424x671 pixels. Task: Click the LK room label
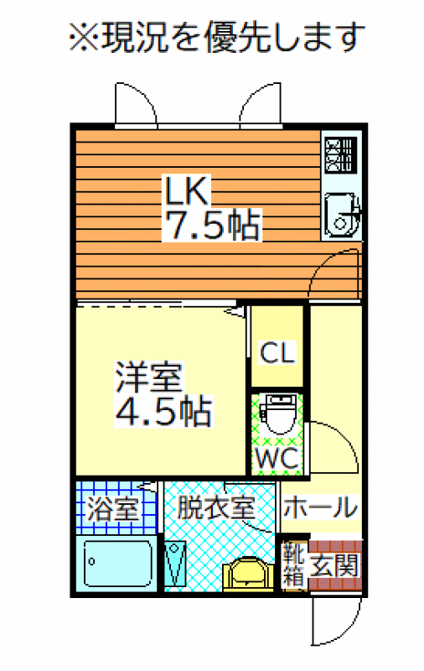188,191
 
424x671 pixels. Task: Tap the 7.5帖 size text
212,225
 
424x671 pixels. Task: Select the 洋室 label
149,377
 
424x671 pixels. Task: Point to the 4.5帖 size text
163,412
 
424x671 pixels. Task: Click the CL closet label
278,352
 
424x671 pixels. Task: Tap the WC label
277,458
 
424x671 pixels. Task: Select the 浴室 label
113,508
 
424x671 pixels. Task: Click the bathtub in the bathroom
118,563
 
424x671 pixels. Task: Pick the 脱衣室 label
216,508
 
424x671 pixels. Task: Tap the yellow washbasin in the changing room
248,574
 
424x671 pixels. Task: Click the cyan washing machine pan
175,564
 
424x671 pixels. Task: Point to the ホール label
320,507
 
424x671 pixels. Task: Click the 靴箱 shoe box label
293,564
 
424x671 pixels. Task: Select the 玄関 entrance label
334,565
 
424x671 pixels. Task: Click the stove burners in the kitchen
340,155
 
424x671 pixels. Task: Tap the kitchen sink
341,216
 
